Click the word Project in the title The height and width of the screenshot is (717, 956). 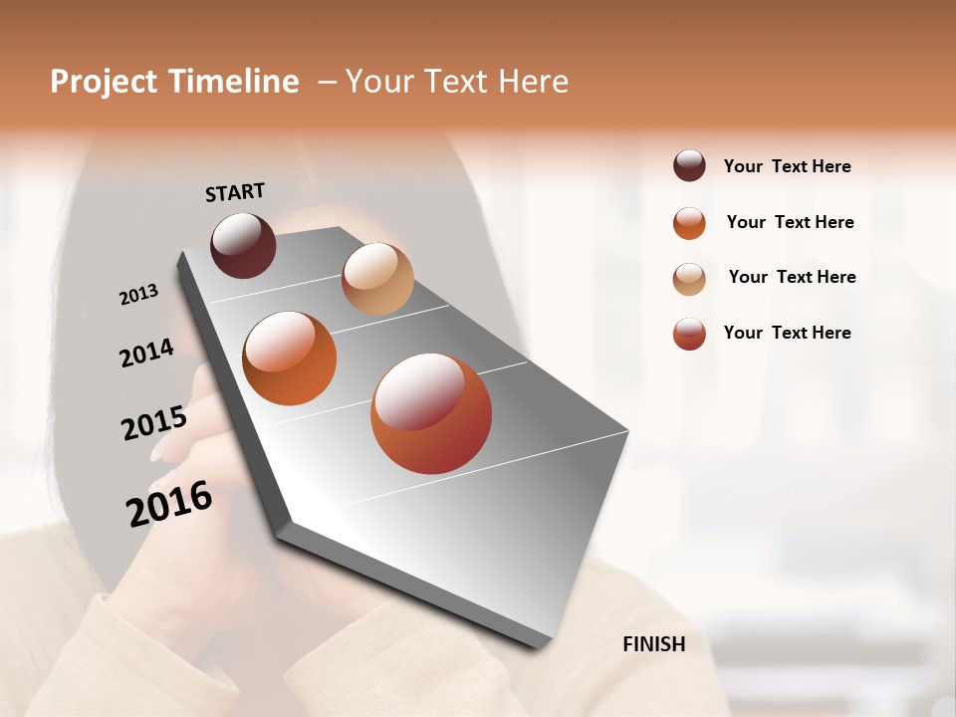pyautogui.click(x=104, y=82)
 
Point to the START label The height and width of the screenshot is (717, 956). pyautogui.click(x=235, y=192)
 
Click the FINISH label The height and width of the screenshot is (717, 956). pyautogui.click(x=653, y=644)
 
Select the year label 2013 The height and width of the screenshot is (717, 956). pyautogui.click(x=138, y=295)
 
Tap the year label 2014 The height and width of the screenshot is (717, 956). pyautogui.click(x=146, y=354)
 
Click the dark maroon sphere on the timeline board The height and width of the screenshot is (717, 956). pyautogui.click(x=243, y=245)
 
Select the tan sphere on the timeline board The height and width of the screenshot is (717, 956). pyautogui.click(x=377, y=279)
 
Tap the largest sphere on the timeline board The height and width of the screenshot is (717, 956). pyautogui.click(x=431, y=413)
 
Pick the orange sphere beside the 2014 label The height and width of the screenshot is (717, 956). pyautogui.click(x=290, y=358)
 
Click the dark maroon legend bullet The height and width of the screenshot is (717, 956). pyautogui.click(x=689, y=166)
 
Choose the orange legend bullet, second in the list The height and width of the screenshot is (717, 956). pyautogui.click(x=689, y=223)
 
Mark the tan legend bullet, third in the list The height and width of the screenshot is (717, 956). pyautogui.click(x=689, y=279)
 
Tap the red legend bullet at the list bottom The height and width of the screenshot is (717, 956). pyautogui.click(x=689, y=334)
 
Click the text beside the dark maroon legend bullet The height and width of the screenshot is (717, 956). pyautogui.click(x=787, y=166)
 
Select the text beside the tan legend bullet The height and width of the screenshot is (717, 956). pyautogui.click(x=792, y=277)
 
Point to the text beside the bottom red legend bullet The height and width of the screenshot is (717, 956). pyautogui.click(x=787, y=333)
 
